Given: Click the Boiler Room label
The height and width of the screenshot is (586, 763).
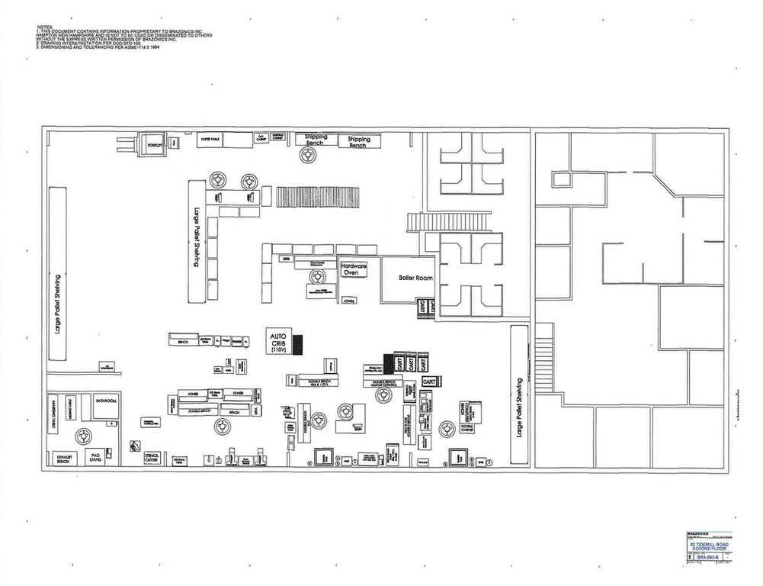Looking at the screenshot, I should [x=415, y=279].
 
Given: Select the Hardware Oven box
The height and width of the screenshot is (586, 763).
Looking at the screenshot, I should [x=354, y=269].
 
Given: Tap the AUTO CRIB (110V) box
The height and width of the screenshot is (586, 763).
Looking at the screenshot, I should [x=277, y=341].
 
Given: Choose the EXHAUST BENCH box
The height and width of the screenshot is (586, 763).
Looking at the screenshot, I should [x=63, y=458].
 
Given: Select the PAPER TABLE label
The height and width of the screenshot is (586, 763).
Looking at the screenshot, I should [x=210, y=140].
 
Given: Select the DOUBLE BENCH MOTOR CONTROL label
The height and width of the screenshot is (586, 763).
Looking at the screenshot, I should [x=387, y=382].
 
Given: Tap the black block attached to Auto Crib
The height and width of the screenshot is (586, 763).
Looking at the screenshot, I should [x=299, y=344].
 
